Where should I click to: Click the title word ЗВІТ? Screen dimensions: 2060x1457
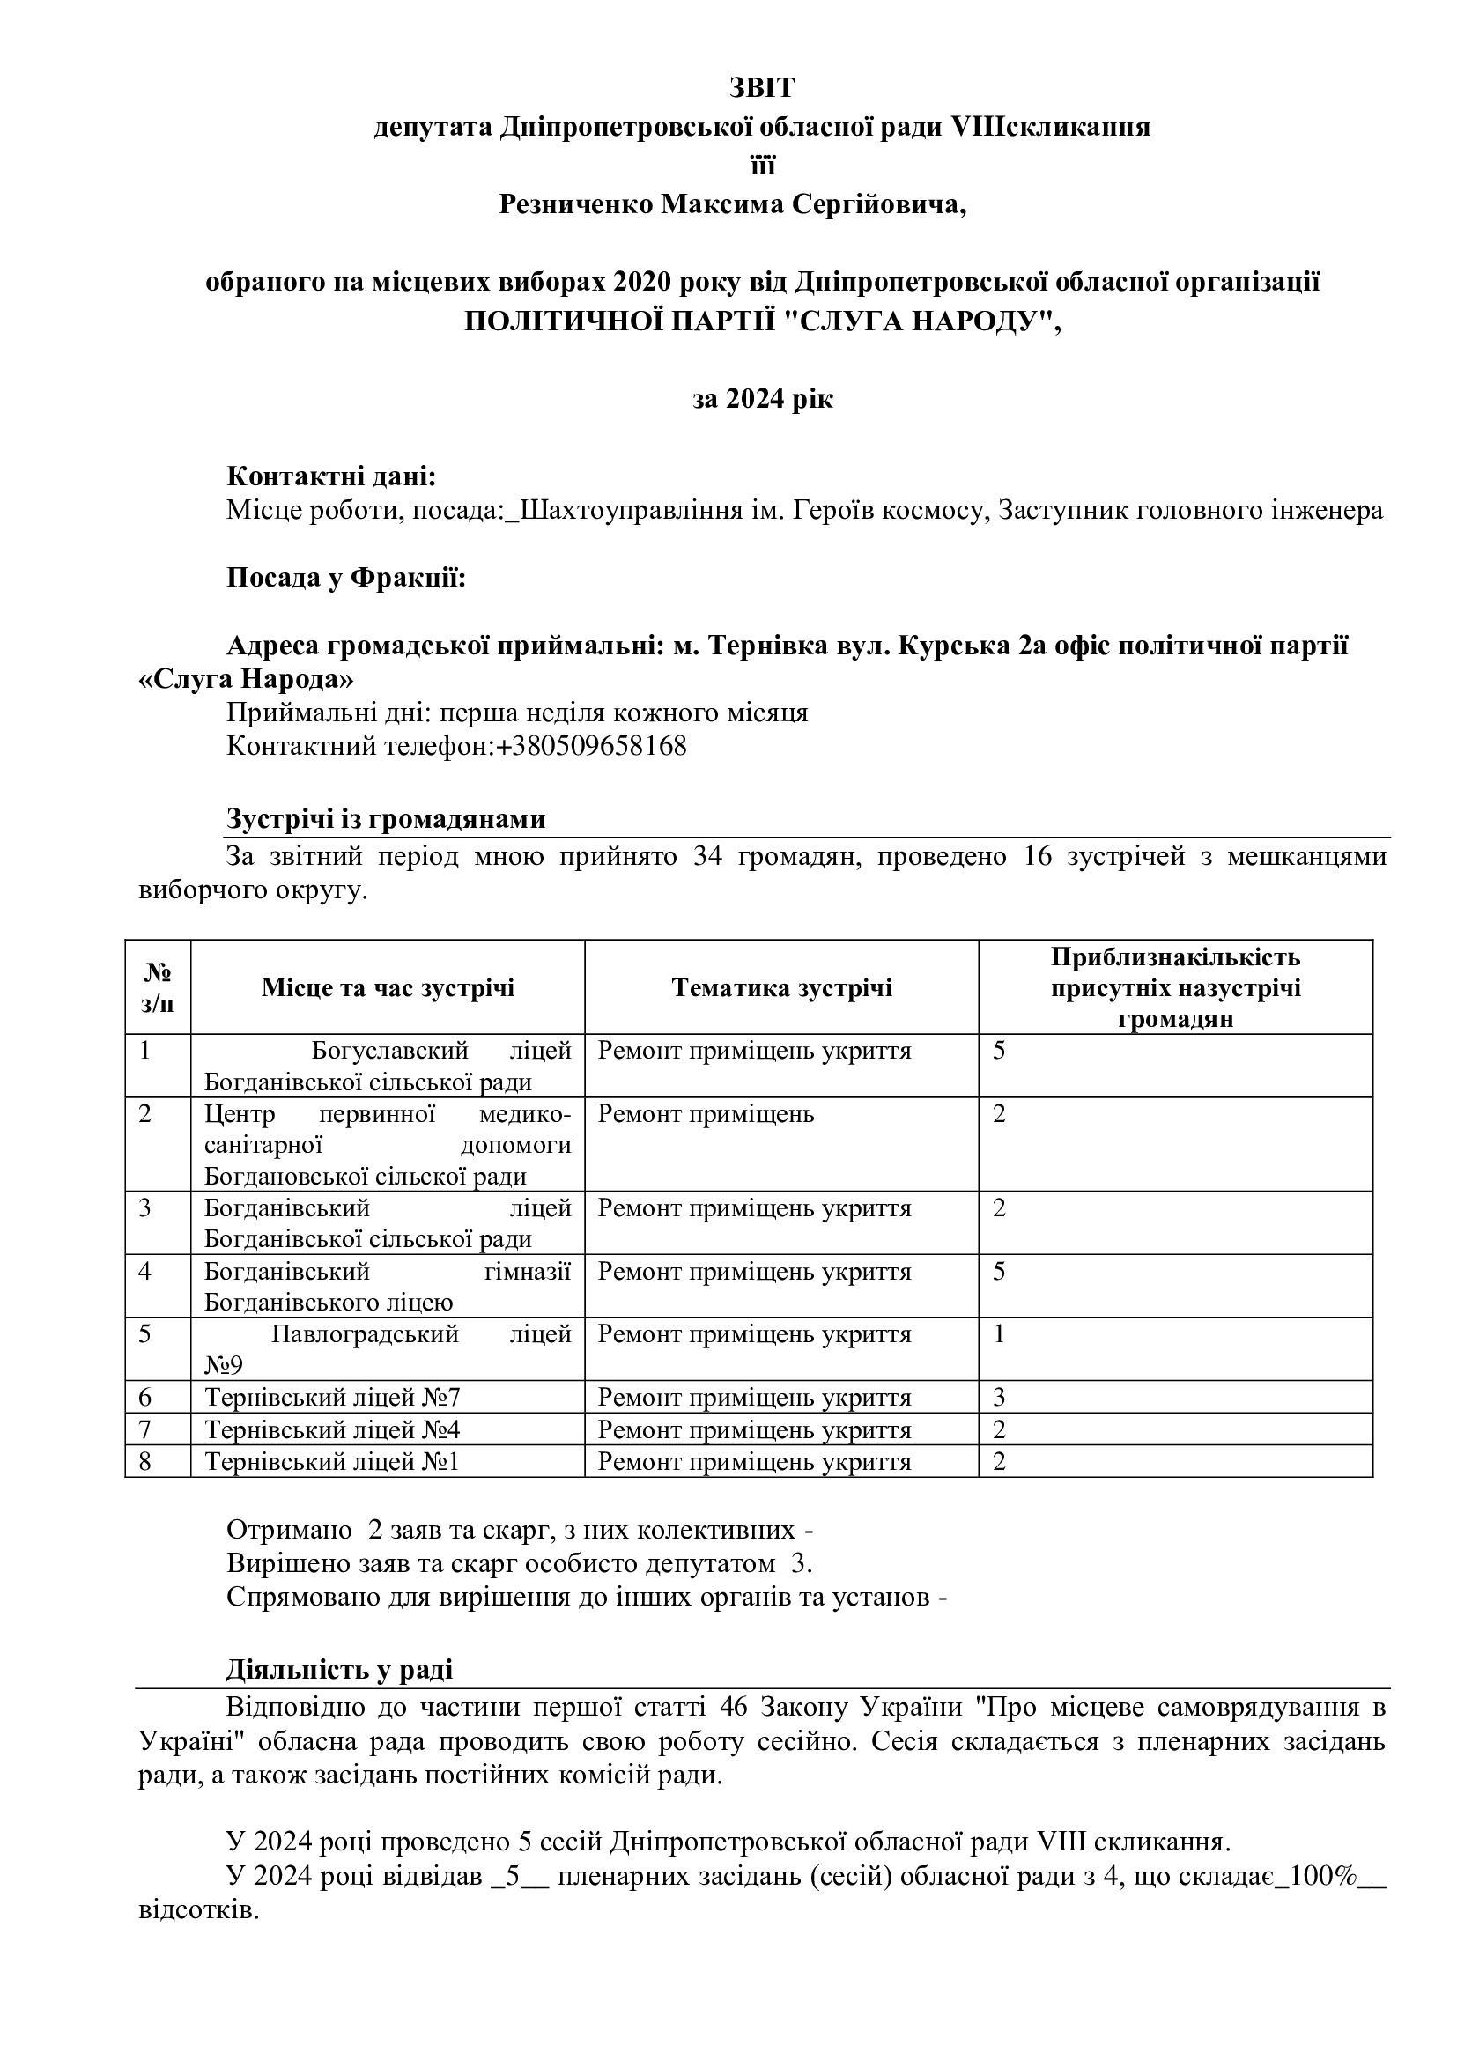point(762,88)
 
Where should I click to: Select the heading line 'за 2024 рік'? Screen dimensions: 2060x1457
point(763,398)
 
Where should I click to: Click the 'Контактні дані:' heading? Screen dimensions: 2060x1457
point(331,476)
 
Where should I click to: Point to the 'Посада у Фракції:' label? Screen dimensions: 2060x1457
point(346,578)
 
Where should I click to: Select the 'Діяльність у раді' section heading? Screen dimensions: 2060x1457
point(339,1670)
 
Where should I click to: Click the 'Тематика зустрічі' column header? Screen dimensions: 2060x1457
point(781,988)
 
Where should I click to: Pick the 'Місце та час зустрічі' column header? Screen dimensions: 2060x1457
point(388,988)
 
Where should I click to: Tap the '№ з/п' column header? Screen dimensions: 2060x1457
point(158,988)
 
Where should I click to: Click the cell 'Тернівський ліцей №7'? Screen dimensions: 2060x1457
point(332,1397)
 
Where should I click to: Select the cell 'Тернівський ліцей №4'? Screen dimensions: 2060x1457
point(332,1429)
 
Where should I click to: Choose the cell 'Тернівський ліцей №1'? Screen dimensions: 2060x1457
point(332,1462)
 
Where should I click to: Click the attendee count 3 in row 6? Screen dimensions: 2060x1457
point(1000,1397)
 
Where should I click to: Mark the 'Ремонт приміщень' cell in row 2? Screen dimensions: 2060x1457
point(706,1114)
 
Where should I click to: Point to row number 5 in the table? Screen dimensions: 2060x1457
point(146,1334)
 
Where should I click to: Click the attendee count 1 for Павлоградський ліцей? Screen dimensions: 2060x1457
point(1000,1334)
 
